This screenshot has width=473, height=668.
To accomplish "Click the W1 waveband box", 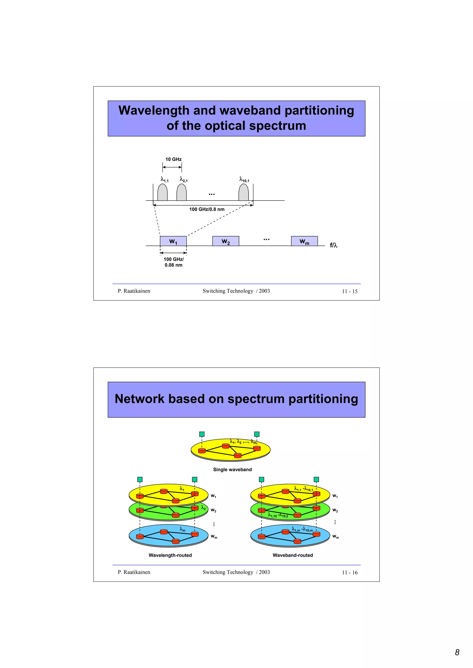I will click(173, 241).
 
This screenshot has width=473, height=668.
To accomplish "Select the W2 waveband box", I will click(226, 241).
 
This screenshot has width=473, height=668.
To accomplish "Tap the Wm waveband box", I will click(304, 241).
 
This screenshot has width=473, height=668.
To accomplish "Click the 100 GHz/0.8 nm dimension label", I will click(207, 209).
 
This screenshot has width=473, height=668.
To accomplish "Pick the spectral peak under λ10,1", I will click(244, 193).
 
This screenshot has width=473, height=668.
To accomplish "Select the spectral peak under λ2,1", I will click(182, 193).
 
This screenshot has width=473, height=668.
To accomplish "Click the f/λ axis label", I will click(334, 245).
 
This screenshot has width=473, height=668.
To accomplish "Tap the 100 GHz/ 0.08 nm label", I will click(174, 262).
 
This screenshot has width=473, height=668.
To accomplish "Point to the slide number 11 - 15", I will click(349, 291).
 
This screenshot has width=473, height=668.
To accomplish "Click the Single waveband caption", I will click(232, 469).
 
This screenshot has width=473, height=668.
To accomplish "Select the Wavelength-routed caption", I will click(170, 555).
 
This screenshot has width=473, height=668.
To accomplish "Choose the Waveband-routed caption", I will click(293, 555).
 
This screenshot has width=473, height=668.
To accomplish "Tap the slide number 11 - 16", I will click(349, 573).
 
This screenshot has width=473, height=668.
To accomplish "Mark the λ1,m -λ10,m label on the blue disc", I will click(302, 529).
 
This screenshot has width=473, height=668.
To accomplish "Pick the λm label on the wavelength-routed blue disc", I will click(182, 529).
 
